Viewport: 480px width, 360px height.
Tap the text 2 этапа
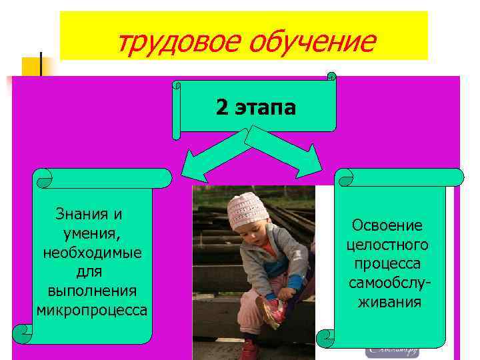[255, 107]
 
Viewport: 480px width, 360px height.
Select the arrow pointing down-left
[207, 157]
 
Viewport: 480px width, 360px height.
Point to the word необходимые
[92, 253]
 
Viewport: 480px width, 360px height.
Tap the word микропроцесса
[92, 310]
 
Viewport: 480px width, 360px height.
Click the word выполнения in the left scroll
[92, 291]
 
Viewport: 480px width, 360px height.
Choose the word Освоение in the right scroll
[388, 226]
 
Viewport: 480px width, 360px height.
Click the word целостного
[388, 245]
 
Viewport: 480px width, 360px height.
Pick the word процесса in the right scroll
[388, 264]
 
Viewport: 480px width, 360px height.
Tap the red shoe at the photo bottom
[249, 349]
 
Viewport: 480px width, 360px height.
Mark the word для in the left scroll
[92, 272]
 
